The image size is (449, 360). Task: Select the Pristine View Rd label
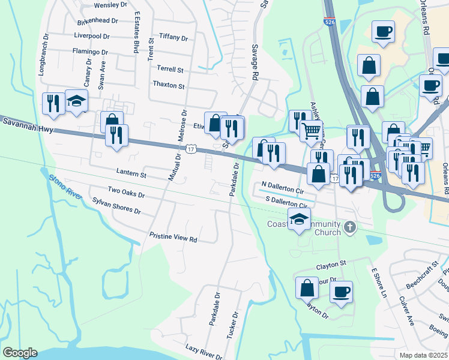(x=173, y=238)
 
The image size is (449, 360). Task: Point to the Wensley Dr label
(x=112, y=5)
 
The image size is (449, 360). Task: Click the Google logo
(x=20, y=353)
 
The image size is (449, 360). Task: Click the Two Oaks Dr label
(x=126, y=192)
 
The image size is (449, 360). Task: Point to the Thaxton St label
(x=169, y=85)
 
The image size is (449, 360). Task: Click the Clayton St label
(x=331, y=263)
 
